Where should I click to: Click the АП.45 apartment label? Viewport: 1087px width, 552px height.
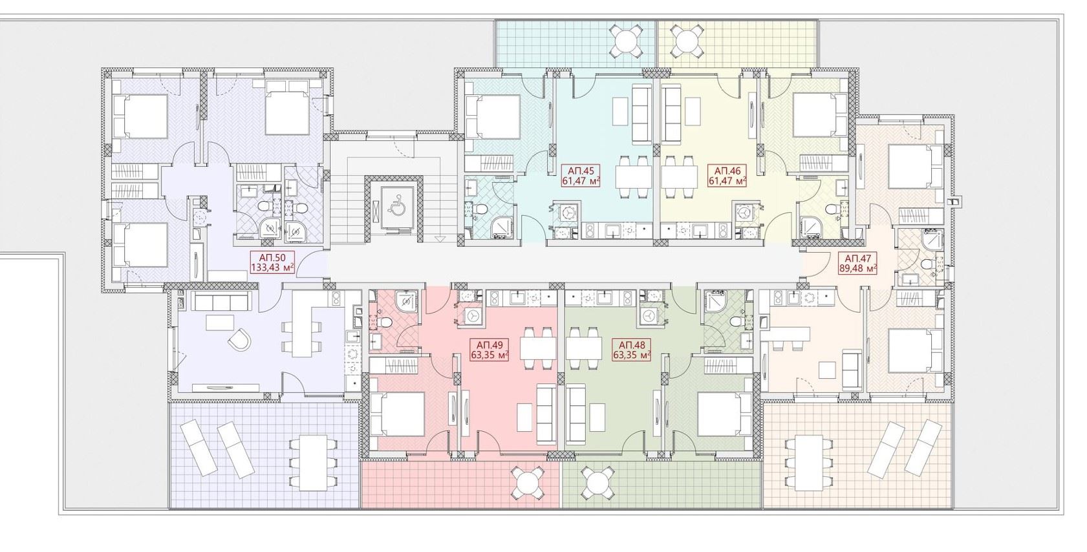pos(581,176)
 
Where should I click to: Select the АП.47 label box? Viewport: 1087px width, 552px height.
pos(858,263)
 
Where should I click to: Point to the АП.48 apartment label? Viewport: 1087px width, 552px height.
pos(632,350)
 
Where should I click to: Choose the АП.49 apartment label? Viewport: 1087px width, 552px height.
pos(490,350)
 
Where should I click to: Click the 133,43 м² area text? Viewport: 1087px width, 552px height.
pos(272,267)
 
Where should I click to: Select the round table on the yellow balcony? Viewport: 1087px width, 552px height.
pos(686,42)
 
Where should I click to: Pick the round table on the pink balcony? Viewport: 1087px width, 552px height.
pos(526,482)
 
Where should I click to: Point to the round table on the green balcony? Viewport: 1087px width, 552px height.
pos(597,482)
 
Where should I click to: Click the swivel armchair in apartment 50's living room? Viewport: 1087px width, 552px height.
pos(239,339)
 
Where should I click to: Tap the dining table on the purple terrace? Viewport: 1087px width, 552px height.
pos(313,463)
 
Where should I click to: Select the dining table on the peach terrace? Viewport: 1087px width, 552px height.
pos(809,463)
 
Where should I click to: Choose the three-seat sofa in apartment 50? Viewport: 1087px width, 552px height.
pos(221,301)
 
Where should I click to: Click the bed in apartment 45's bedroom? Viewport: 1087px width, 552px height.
pos(493,117)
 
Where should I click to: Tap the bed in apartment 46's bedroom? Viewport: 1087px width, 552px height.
pos(819,116)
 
